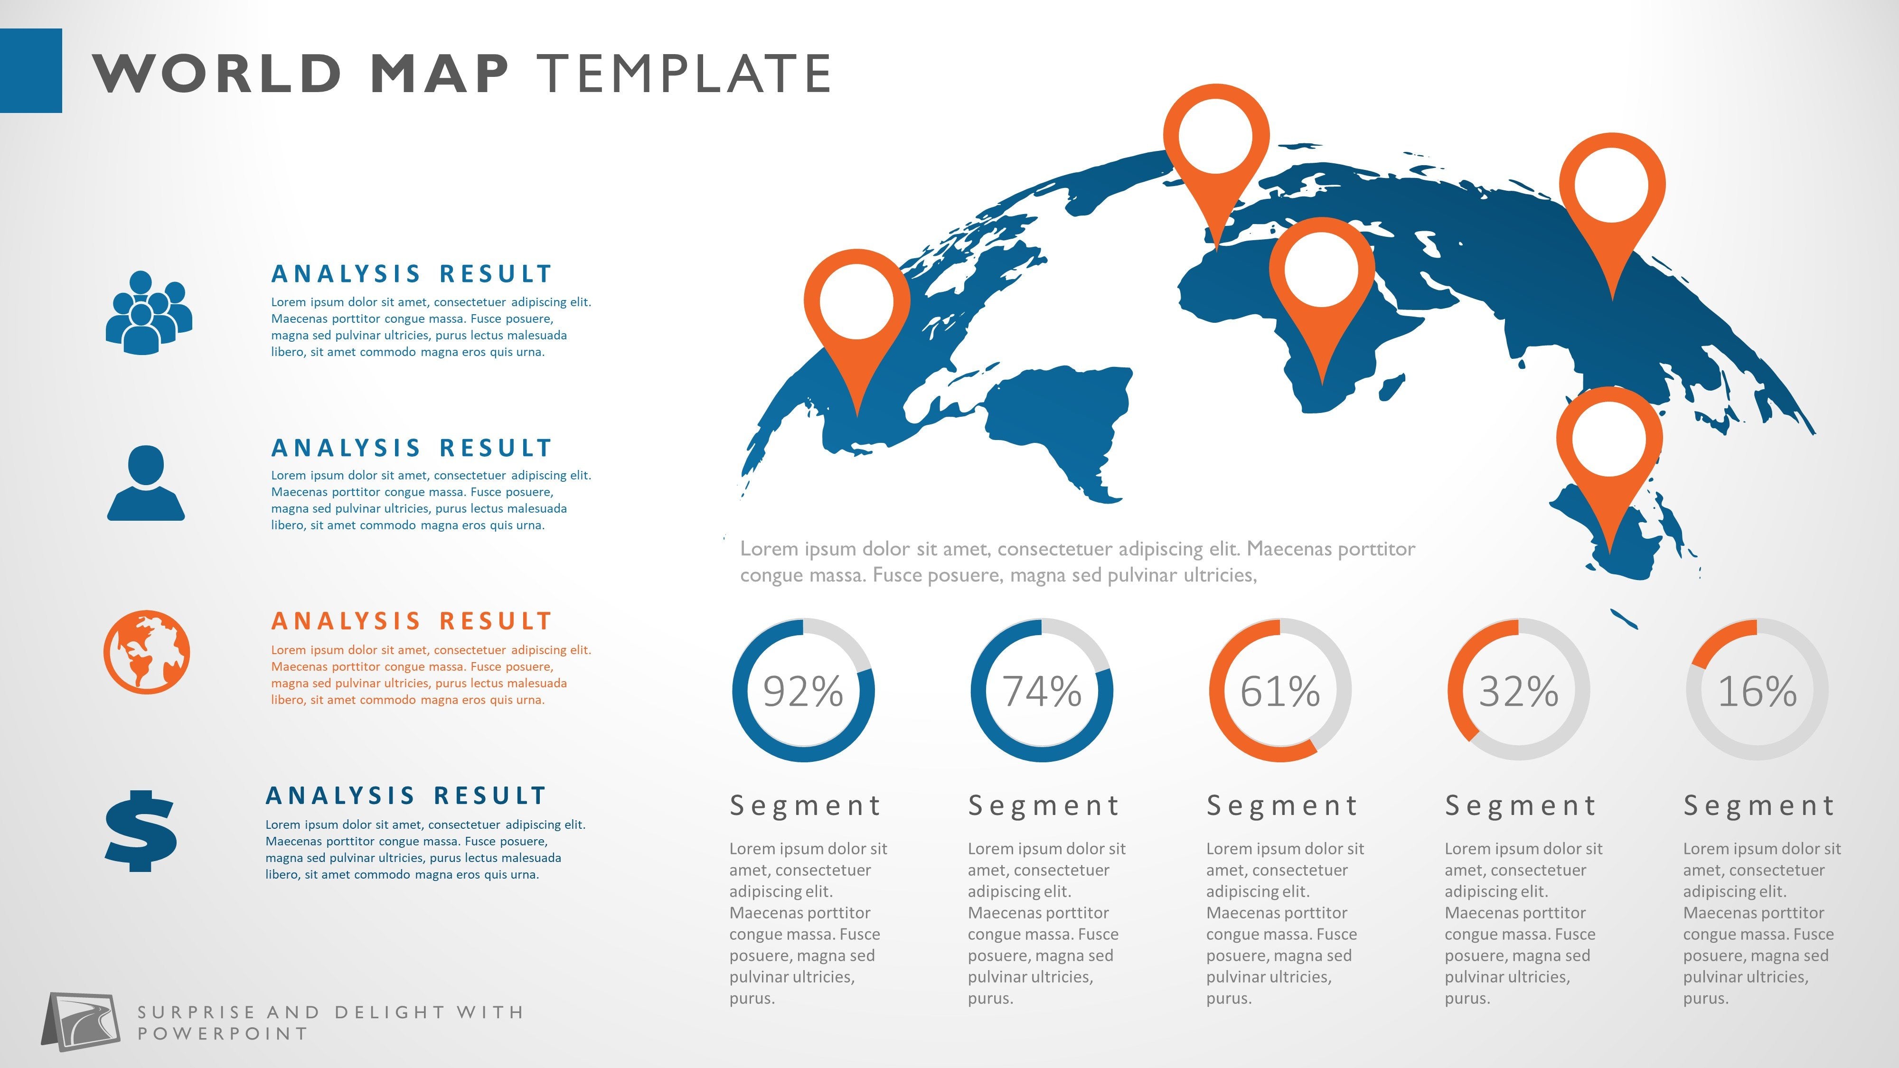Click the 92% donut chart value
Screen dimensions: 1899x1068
point(803,692)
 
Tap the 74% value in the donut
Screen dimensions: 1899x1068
point(1042,692)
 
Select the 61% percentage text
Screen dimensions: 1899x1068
point(1280,692)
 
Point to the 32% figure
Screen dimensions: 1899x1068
point(1519,692)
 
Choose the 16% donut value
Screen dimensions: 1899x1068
point(1758,692)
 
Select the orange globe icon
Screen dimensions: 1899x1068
point(147,652)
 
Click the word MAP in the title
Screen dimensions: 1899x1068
point(439,74)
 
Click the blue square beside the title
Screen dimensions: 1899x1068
point(31,71)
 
